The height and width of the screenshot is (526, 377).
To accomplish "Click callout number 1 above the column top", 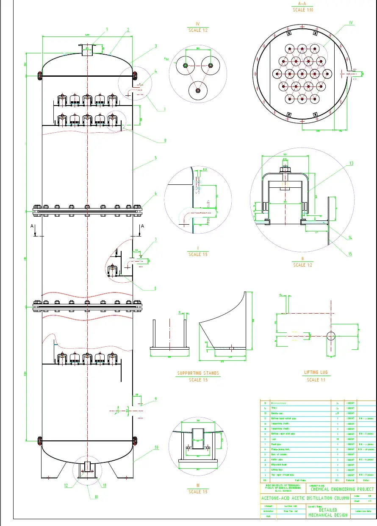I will pyautogui.click(x=107, y=29).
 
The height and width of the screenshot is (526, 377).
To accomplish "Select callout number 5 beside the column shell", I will pyautogui.click(x=155, y=158).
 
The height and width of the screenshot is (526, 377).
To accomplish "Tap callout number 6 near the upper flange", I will pyautogui.click(x=155, y=194).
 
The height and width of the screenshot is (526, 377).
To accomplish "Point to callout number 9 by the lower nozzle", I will pyautogui.click(x=155, y=399).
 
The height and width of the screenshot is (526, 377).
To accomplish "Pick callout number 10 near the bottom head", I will pyautogui.click(x=156, y=447).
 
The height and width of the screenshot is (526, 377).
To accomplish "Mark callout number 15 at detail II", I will pyautogui.click(x=350, y=254).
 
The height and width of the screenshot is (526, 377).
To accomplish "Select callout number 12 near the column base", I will pyautogui.click(x=66, y=486).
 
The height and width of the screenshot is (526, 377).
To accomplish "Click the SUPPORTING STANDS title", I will pyautogui.click(x=198, y=373).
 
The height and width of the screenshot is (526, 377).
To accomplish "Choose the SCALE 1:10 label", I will pyautogui.click(x=302, y=10).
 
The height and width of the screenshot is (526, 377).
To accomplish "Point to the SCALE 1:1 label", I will pyautogui.click(x=313, y=380).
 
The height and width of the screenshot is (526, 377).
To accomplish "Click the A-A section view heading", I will pyautogui.click(x=302, y=4).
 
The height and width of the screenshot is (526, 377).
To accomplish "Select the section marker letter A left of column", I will pyautogui.click(x=32, y=227).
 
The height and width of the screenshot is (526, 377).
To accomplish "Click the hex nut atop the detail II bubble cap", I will pyautogui.click(x=285, y=170).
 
